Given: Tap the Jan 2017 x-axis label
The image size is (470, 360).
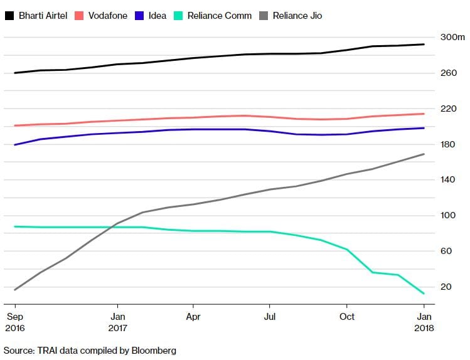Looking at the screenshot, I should pyautogui.click(x=117, y=322).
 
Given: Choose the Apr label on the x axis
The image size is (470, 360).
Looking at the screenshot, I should pyautogui.click(x=193, y=317).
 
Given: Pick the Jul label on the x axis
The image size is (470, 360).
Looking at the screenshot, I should pyautogui.click(x=269, y=317).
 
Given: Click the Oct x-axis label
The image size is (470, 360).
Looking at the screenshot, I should pyautogui.click(x=346, y=317).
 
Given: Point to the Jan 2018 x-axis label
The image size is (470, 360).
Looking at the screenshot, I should pyautogui.click(x=424, y=322).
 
